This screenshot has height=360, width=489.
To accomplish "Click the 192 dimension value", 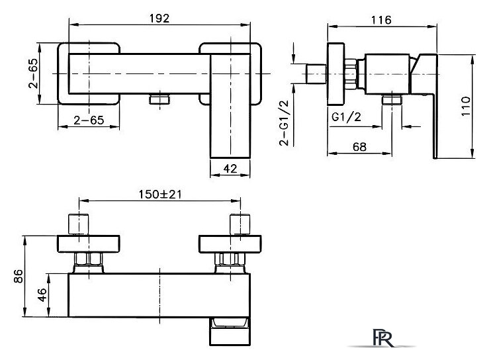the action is [159, 19].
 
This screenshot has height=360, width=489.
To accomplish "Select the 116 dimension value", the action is [381, 21].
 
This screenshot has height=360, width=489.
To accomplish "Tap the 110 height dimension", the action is [466, 107].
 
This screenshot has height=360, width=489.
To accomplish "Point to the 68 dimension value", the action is [359, 147].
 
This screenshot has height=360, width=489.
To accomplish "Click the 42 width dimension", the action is [230, 169].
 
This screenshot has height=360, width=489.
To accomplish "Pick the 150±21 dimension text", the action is [160, 195].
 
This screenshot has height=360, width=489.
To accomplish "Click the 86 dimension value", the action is [19, 277].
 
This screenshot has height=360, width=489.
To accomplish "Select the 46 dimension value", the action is [42, 295].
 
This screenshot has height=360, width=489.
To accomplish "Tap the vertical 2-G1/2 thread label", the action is [284, 123].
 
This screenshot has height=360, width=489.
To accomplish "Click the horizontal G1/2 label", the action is [346, 117].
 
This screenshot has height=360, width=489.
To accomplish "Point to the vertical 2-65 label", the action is [33, 73].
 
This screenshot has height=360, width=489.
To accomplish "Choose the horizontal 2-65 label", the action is [89, 120].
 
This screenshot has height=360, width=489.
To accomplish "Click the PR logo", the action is [382, 337].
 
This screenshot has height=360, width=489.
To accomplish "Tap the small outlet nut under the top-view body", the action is [159, 99].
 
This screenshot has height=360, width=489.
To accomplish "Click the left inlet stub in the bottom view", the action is [78, 224].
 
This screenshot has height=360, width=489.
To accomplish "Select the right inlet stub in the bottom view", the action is [240, 224].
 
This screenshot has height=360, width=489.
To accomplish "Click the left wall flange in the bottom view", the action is [89, 244].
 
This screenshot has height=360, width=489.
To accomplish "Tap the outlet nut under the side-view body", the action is [392, 100].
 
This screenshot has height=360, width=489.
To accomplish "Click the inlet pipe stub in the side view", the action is [316, 74].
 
